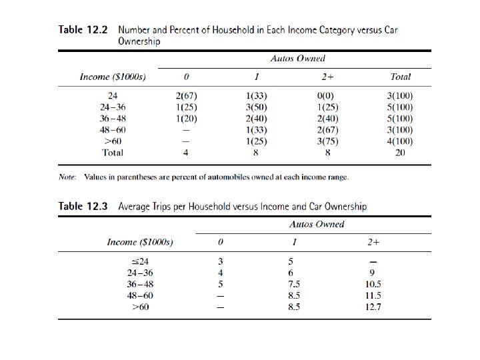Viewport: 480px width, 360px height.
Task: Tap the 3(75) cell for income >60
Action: coord(329,141)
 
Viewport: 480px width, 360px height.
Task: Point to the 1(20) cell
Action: coord(186,119)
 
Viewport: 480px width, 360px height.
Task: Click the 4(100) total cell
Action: coord(401,141)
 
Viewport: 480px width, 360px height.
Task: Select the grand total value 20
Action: coord(401,153)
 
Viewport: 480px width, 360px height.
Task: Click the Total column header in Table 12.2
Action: coord(401,77)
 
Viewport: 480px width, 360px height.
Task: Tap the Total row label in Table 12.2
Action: coord(112,153)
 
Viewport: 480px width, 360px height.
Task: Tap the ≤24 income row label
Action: coord(139,261)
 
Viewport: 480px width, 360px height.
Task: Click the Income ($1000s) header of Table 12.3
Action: coord(140,242)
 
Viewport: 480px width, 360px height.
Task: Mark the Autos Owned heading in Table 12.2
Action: coord(298,59)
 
